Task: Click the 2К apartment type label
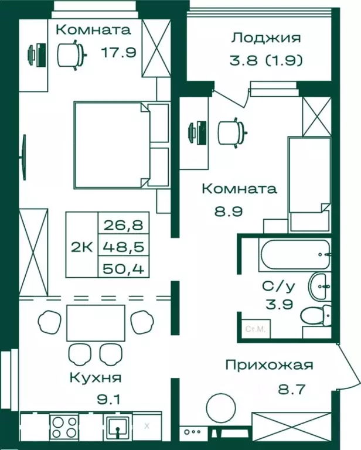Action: coord(81,246)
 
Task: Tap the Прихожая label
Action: coord(270,365)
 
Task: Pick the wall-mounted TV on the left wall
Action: coord(24,158)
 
